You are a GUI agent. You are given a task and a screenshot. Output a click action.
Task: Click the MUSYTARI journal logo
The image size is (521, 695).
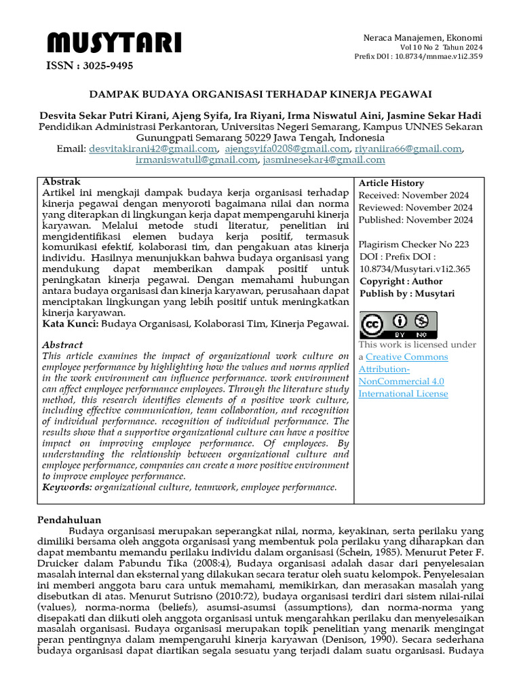click(x=114, y=44)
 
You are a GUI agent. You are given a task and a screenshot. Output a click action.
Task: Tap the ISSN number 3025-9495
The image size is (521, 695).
click(x=90, y=66)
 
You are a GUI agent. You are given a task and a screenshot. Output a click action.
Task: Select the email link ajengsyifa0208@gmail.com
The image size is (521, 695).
click(x=287, y=149)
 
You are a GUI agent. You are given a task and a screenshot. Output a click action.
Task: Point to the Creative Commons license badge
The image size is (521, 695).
click(x=398, y=325)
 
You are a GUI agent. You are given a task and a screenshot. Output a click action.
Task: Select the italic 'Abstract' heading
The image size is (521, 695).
click(x=62, y=345)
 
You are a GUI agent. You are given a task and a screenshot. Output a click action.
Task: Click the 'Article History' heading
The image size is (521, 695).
click(x=391, y=183)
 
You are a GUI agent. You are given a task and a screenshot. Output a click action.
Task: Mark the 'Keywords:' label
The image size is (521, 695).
click(x=67, y=487)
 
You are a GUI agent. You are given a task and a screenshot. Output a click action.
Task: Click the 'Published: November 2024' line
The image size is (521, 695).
click(x=415, y=220)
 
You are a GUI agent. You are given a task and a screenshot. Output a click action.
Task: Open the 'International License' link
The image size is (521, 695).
click(x=403, y=394)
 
